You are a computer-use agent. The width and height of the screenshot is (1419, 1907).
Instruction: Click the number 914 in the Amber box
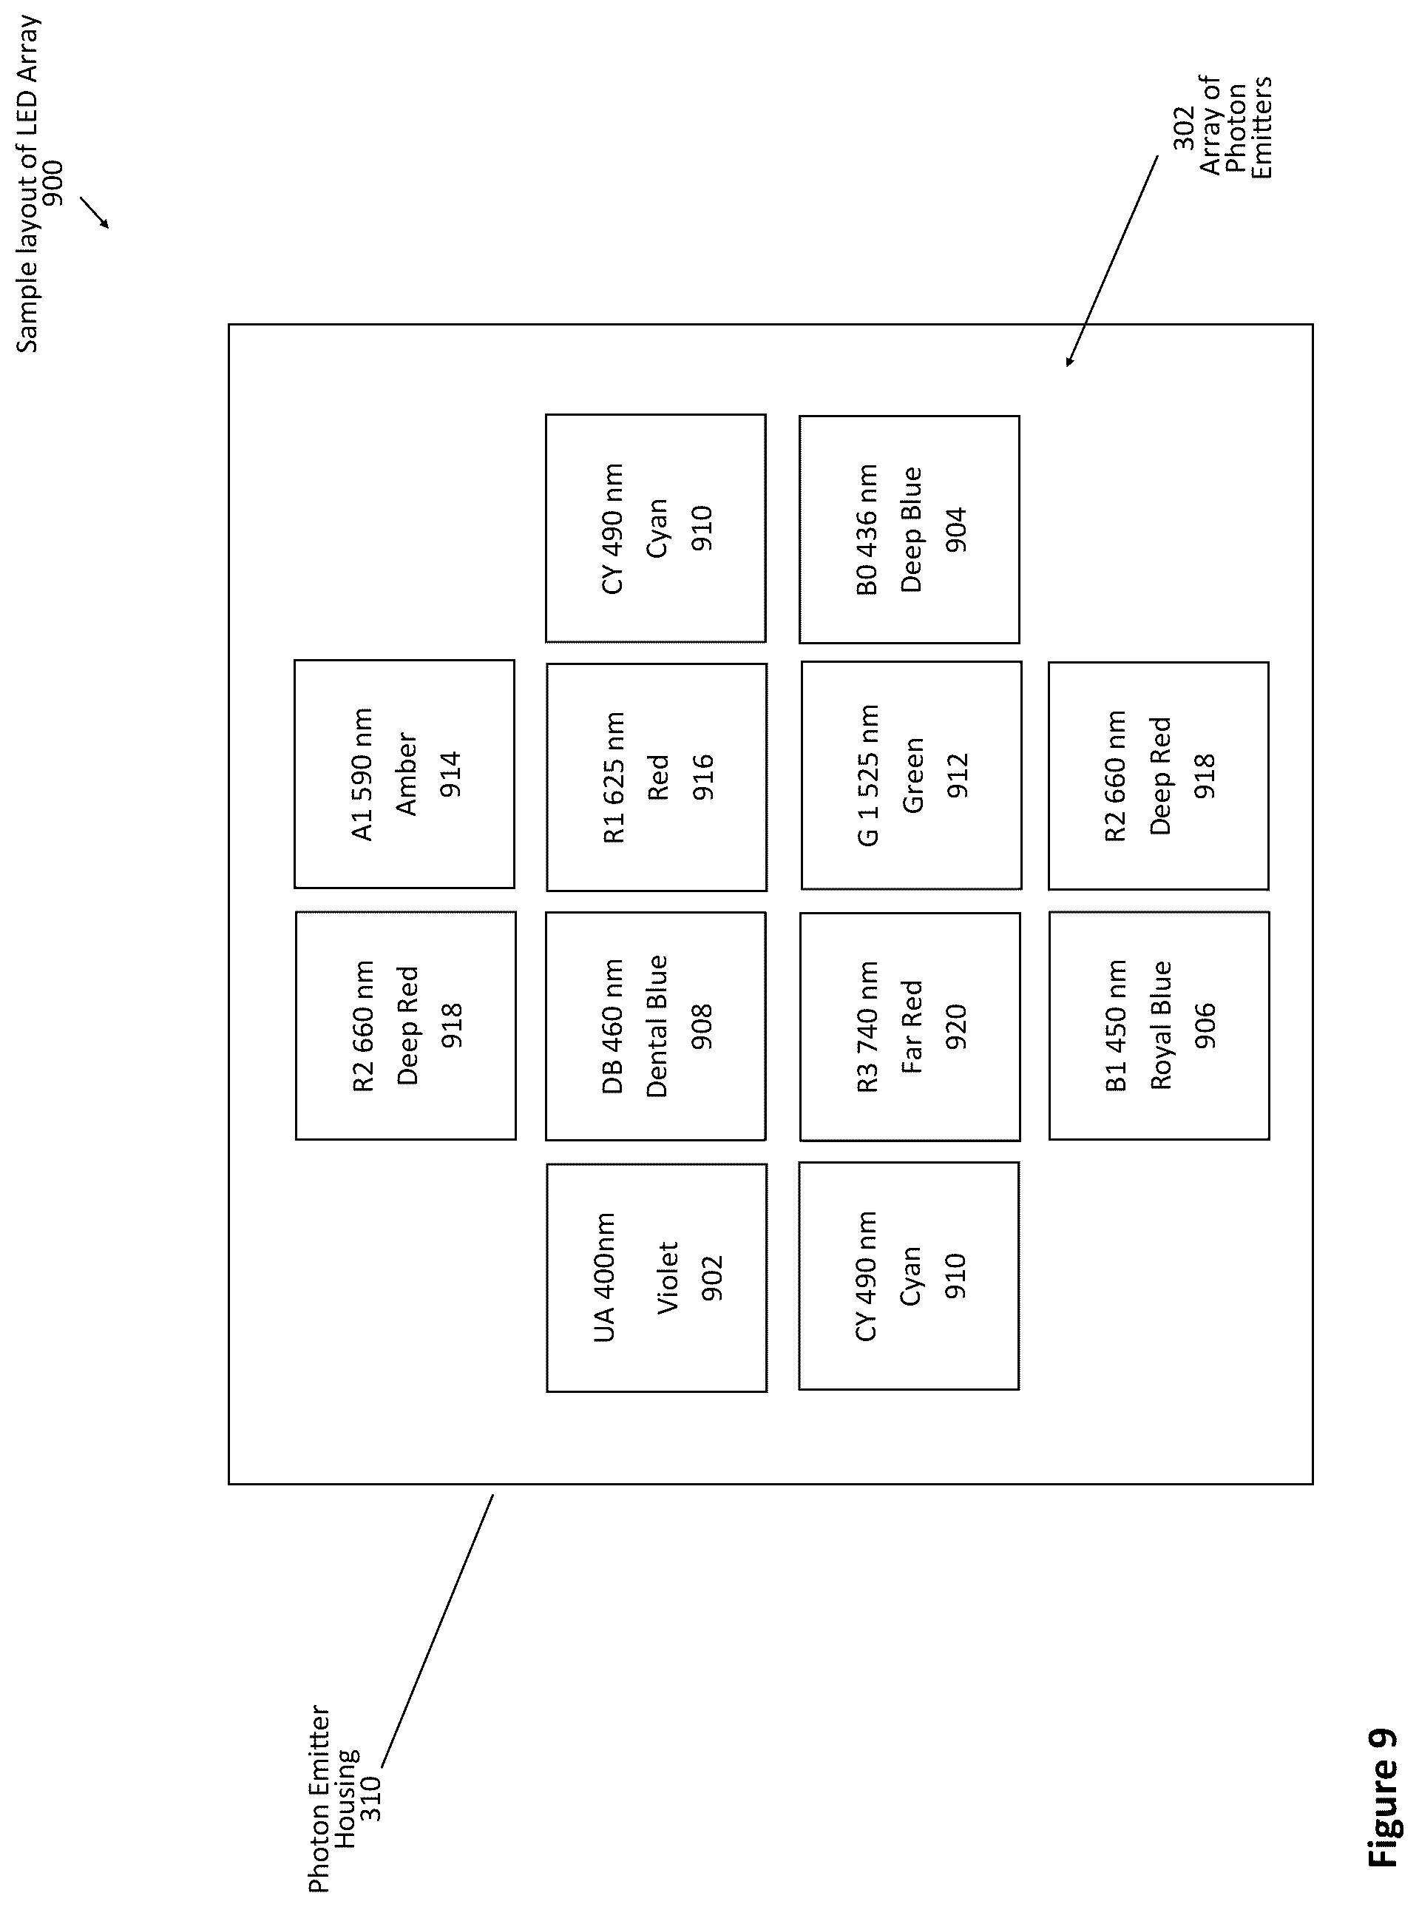tap(450, 774)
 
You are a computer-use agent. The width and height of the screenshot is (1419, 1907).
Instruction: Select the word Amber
tap(405, 774)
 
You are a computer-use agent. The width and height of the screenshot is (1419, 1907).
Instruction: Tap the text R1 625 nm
tap(613, 777)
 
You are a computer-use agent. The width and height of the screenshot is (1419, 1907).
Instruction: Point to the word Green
tap(912, 774)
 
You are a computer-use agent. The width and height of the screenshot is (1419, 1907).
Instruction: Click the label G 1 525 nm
tap(867, 775)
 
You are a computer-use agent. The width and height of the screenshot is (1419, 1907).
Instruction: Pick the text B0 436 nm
tap(867, 530)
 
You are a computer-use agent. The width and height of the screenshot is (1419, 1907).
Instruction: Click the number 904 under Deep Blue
tap(955, 530)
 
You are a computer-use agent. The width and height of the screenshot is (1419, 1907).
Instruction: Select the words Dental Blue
tap(656, 1025)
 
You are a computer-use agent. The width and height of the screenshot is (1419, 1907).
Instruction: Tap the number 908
tap(702, 1026)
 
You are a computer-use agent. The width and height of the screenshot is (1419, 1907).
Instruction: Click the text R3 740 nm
tap(867, 1026)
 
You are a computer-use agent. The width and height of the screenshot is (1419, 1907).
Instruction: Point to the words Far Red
tap(911, 1026)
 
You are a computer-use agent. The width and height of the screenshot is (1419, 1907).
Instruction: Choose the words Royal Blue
tap(1160, 1025)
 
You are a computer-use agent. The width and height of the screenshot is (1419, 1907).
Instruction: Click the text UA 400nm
tap(604, 1277)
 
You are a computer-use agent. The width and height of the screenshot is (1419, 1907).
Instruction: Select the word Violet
tap(668, 1277)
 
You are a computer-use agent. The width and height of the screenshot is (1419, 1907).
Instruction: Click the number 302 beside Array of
tap(1184, 128)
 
